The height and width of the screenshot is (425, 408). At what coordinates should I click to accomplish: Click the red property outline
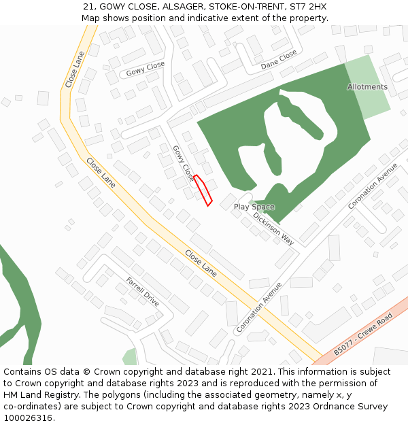(x=203, y=190)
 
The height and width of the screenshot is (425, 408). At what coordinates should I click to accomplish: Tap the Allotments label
(x=367, y=87)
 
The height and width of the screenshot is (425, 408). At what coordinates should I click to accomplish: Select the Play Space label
(x=254, y=207)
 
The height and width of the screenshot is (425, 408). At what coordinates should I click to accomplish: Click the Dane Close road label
(x=279, y=60)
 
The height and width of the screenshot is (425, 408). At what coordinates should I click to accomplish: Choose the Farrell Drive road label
(x=143, y=291)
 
